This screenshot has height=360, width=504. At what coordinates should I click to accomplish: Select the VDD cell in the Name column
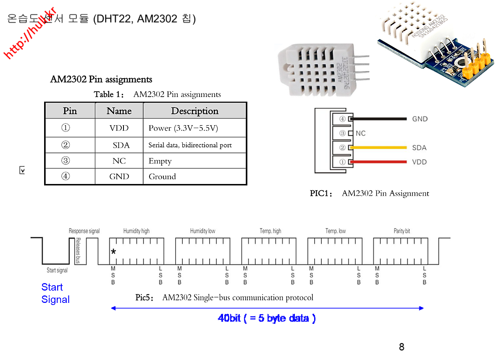119,128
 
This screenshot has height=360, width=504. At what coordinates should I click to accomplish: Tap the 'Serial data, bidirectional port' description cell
190,145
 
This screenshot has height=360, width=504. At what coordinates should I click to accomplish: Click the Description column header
194,111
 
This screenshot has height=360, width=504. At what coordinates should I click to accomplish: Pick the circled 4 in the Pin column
66,176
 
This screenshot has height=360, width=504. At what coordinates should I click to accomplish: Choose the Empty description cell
160,161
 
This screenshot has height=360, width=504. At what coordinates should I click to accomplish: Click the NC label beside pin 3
360,134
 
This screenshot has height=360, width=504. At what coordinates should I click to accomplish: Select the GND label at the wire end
420,119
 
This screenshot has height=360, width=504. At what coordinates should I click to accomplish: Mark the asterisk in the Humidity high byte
113,252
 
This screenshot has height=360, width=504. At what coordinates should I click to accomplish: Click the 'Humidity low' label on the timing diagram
202,231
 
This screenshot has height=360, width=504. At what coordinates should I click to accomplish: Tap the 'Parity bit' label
402,231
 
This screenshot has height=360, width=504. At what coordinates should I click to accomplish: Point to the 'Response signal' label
84,231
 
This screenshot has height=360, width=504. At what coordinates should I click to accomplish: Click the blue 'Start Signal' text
55,293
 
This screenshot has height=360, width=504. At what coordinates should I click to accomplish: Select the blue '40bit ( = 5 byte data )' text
267,318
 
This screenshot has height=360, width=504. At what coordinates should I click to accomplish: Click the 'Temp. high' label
270,231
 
